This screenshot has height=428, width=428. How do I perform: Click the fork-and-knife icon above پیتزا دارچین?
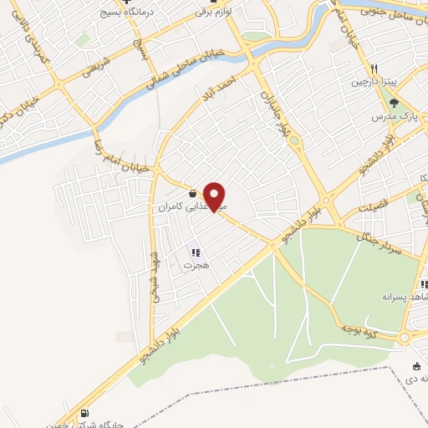tap(376, 69)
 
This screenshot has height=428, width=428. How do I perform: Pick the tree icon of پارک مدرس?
tap(394, 103)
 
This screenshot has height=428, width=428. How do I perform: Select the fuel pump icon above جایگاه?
tap(84, 414)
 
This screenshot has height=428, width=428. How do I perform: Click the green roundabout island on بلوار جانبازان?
tap(293, 140)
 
